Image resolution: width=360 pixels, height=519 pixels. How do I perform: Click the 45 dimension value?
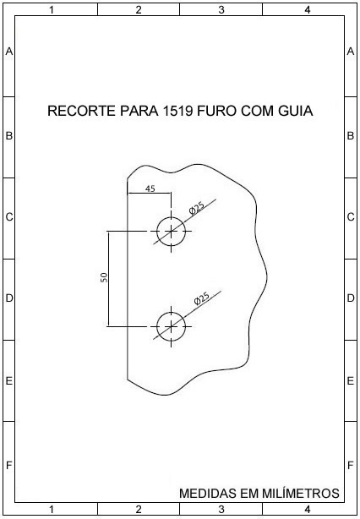tap(150, 188)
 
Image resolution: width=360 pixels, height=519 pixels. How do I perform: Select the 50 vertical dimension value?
tap(104, 277)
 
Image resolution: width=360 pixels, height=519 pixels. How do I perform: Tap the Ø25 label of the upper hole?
tap(197, 208)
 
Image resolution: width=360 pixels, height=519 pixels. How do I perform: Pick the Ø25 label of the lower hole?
tap(201, 298)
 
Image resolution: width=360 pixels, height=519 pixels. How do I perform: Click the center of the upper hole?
tap(171, 232)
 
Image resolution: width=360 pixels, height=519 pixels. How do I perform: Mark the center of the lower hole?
tap(171, 326)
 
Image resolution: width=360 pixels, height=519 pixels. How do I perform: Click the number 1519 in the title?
tap(177, 112)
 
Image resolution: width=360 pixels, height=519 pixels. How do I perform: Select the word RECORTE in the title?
tap(81, 112)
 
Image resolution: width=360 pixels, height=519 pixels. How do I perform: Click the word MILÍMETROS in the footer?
tap(301, 493)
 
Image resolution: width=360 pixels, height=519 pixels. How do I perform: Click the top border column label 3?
tap(221, 10)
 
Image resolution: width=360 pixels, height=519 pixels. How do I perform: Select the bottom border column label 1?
tap(52, 510)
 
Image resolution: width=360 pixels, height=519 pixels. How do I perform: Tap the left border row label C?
tap(9, 217)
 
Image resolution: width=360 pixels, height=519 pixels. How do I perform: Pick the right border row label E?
tap(351, 381)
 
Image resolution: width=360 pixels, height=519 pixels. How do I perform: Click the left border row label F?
tap(9, 466)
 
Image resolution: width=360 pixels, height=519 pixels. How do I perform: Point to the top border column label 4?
tap(308, 10)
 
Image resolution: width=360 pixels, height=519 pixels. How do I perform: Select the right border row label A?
tap(351, 52)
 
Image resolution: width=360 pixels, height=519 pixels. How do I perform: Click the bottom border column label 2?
tap(139, 510)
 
